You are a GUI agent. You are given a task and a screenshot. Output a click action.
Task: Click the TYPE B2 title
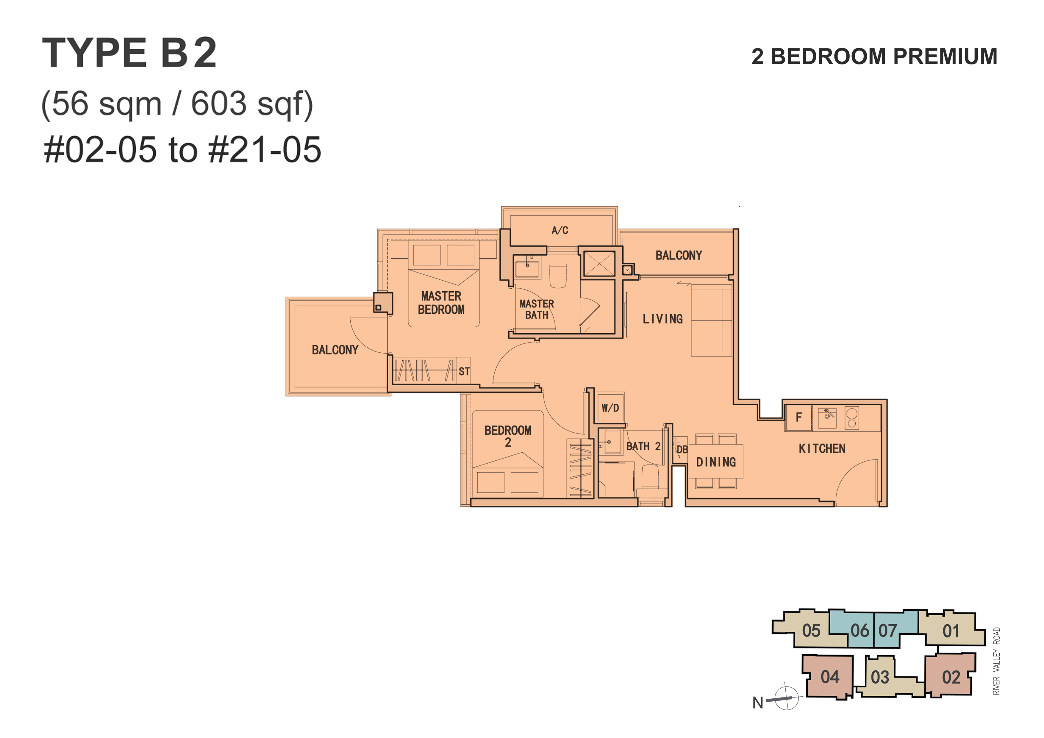pyautogui.click(x=129, y=53)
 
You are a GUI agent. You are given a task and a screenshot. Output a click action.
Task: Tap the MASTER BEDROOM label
pyautogui.click(x=441, y=303)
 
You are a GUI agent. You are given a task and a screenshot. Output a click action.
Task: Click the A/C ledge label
pyautogui.click(x=560, y=231)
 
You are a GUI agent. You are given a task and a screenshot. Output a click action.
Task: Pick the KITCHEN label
pyautogui.click(x=822, y=449)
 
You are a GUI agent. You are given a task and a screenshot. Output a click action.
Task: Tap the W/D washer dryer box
pyautogui.click(x=610, y=407)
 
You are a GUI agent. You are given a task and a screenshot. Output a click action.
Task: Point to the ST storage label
pyautogui.click(x=464, y=371)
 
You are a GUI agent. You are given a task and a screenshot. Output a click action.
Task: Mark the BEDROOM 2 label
pyautogui.click(x=507, y=436)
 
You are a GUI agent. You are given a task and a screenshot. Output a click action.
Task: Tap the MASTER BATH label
pyautogui.click(x=537, y=309)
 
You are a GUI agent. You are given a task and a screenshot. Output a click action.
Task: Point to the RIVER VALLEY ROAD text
pyautogui.click(x=997, y=661)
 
